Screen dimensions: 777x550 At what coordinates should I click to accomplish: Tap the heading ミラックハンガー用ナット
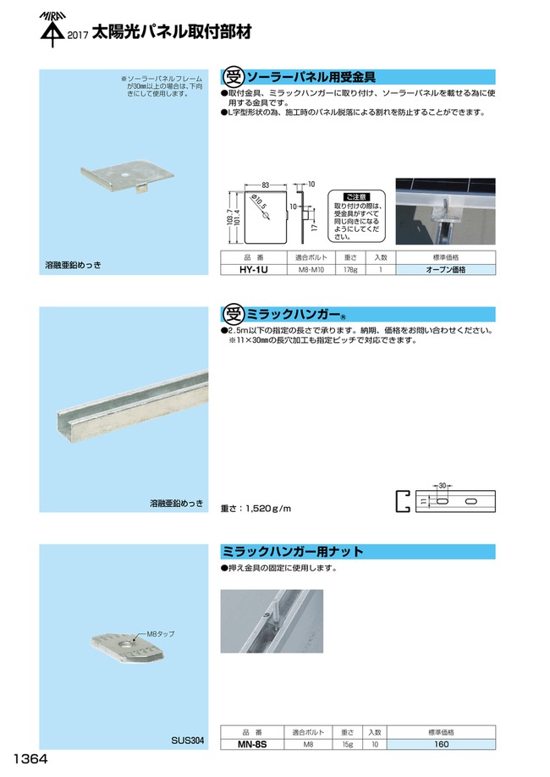[x=293, y=552]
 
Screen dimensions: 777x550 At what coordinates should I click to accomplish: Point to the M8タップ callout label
[x=160, y=633]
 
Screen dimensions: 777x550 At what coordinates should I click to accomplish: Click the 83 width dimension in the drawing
[x=266, y=185]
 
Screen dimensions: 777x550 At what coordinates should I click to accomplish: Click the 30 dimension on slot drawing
[x=441, y=486]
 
